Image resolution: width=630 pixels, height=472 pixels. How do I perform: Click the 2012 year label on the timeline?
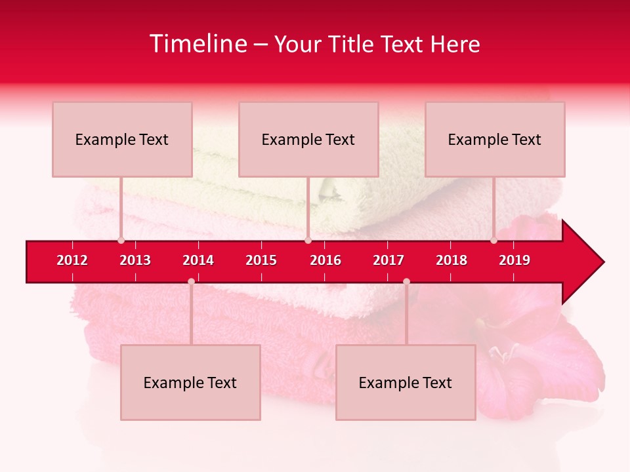[x=72, y=260]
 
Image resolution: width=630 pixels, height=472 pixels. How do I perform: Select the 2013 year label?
[x=135, y=260]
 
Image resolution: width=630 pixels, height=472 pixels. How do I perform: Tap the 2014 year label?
[x=198, y=260]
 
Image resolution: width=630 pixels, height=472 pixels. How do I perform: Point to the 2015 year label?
[x=261, y=260]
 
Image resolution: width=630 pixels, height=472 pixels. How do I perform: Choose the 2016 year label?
[x=325, y=260]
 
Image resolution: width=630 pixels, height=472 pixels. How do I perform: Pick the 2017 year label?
[x=388, y=260]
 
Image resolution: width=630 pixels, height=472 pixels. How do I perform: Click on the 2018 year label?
[x=451, y=260]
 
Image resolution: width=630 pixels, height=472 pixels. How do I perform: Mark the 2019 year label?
[x=514, y=260]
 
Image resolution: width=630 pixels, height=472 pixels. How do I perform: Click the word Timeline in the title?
[x=198, y=44]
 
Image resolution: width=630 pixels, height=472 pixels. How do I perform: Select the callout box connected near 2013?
[x=122, y=139]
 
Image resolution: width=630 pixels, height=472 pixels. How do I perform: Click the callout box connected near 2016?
[x=308, y=139]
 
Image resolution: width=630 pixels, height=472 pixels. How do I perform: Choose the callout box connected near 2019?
[x=495, y=139]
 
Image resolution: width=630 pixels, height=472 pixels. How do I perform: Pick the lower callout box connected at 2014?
[x=190, y=382]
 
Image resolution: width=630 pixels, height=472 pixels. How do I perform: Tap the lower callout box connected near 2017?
[x=406, y=382]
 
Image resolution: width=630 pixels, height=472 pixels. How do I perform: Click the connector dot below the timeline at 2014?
[x=191, y=282]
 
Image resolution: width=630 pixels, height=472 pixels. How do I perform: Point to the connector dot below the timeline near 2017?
[x=406, y=282]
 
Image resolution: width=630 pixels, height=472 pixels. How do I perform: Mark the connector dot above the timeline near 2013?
[x=121, y=241]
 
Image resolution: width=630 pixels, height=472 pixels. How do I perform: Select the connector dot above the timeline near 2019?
[x=494, y=241]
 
